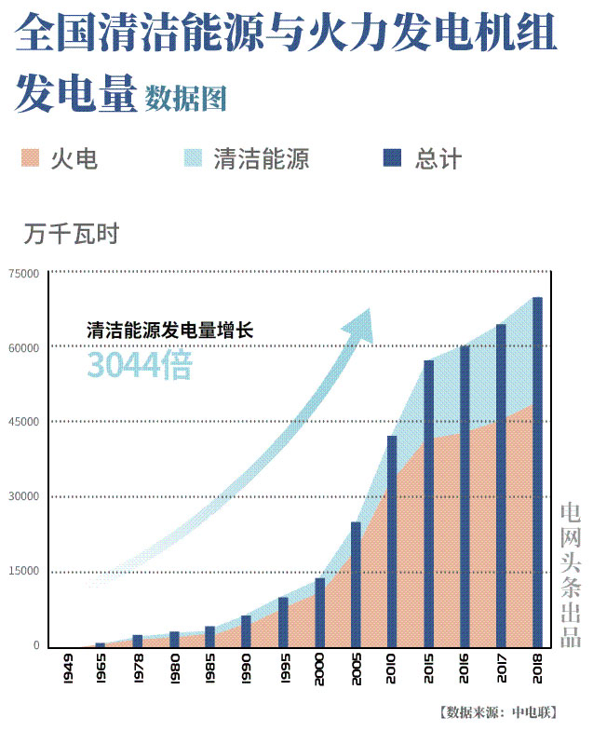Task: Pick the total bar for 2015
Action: (428, 503)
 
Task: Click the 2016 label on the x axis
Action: (465, 669)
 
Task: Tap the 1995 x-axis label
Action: (283, 669)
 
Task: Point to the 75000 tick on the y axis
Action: (24, 274)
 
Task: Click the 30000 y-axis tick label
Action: (24, 497)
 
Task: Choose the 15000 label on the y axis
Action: (24, 572)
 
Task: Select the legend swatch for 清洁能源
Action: (193, 158)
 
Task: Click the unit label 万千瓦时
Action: (73, 234)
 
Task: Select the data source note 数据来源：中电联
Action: (498, 713)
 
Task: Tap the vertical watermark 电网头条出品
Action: (571, 575)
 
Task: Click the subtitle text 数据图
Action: (186, 98)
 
